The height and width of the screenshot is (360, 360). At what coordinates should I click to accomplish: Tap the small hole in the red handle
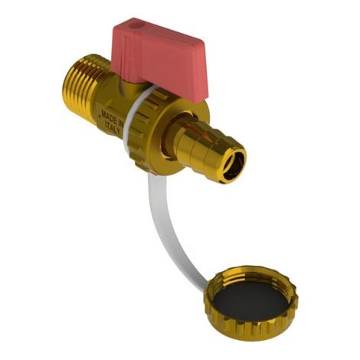[x=133, y=26]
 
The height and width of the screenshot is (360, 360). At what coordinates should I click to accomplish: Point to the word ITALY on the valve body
[x=113, y=129]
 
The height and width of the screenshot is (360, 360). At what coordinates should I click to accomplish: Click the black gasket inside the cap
[x=251, y=305]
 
